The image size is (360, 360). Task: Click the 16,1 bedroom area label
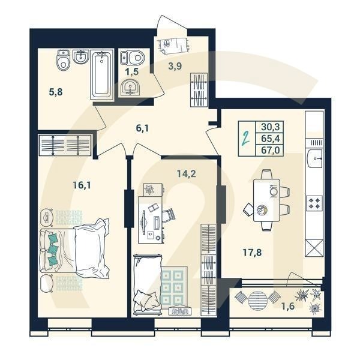point(82,185)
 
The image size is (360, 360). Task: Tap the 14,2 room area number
point(186,175)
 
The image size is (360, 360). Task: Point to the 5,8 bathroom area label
point(56,93)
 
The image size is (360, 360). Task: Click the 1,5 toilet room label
point(132,72)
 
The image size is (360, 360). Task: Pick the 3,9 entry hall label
point(175,67)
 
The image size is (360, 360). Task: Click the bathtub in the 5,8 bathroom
point(101,75)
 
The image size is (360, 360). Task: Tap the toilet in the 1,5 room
point(133,58)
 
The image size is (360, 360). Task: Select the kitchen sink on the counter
point(315,160)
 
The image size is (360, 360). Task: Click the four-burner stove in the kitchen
point(315,202)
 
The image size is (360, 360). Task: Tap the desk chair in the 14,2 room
point(169,214)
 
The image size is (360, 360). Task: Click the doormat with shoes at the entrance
point(173,44)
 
